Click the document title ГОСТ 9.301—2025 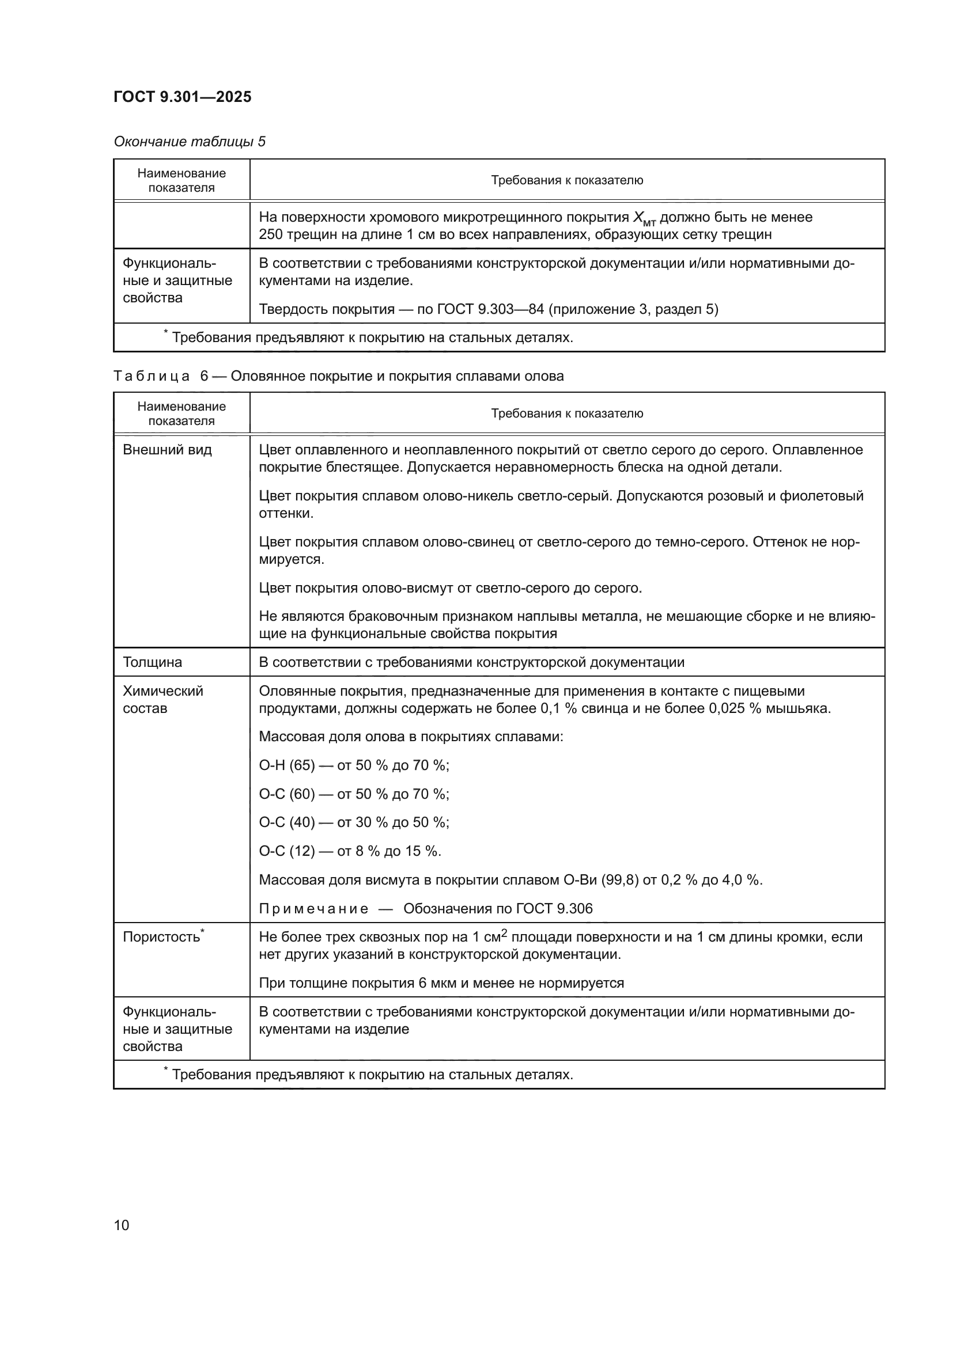(182, 97)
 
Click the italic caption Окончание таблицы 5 (189, 142)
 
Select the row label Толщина (152, 662)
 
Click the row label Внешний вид (167, 450)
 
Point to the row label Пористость (161, 937)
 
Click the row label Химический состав (162, 699)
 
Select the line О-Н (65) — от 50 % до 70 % (354, 765)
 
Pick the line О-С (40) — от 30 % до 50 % (354, 822)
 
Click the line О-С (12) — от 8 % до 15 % (350, 851)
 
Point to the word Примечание (313, 909)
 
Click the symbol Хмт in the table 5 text (644, 219)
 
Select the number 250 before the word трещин (271, 234)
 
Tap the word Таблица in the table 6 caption (152, 376)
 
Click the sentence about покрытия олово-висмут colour (450, 588)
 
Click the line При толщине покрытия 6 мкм (441, 982)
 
